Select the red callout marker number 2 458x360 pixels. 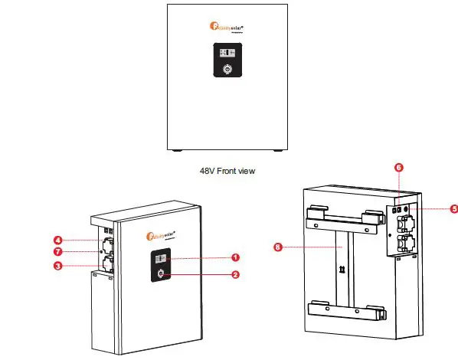[237, 273]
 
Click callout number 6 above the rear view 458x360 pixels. [399, 166]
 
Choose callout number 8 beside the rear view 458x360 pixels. [277, 247]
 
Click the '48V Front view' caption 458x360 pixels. [227, 172]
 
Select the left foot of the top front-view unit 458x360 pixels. [176, 149]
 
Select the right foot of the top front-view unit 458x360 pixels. [279, 149]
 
